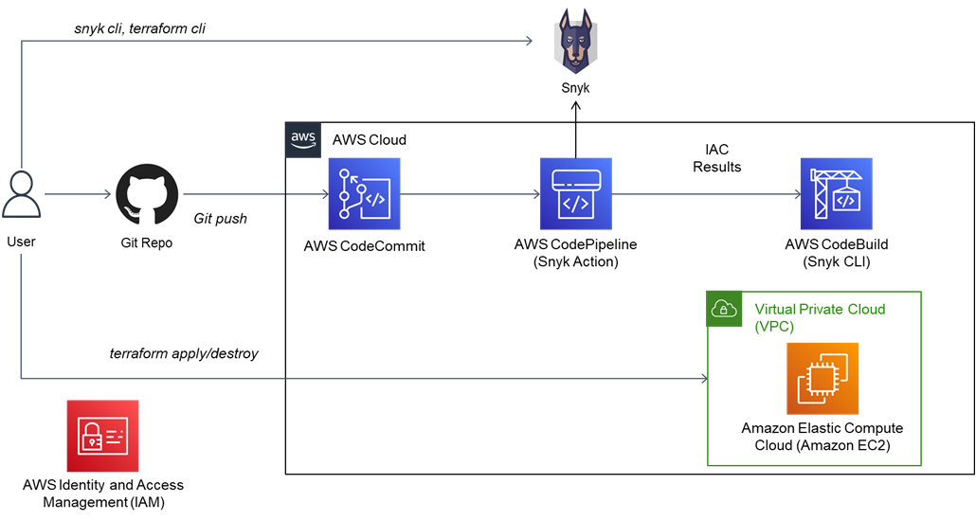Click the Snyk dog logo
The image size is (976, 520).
tap(575, 42)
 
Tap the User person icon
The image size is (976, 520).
tap(21, 195)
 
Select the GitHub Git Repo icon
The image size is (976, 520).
tap(147, 193)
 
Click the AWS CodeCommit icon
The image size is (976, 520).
tap(365, 194)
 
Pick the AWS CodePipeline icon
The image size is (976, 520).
tap(575, 194)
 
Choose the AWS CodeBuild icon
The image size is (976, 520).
tap(836, 194)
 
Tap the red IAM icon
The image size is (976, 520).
tap(102, 435)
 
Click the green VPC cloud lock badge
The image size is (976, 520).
tap(725, 309)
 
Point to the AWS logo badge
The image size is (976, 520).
tap(303, 138)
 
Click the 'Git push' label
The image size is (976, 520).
tap(220, 219)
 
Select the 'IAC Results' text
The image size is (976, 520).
tap(716, 158)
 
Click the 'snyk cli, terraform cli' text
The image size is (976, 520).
tap(140, 28)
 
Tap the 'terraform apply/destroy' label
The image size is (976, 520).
tap(184, 354)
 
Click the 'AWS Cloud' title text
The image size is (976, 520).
tap(369, 140)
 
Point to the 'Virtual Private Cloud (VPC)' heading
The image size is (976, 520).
tap(819, 317)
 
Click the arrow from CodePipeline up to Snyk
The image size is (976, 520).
tap(575, 128)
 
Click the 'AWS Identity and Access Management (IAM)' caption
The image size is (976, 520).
tap(103, 493)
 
